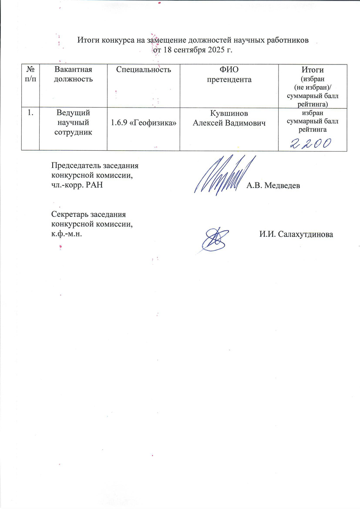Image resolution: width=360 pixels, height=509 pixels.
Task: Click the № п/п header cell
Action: (x=30, y=74)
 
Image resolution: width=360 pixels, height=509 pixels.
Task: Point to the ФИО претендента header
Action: (x=229, y=74)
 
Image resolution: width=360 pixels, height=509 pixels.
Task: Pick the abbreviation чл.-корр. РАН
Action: (x=77, y=185)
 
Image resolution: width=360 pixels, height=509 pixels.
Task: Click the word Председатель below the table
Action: (x=74, y=165)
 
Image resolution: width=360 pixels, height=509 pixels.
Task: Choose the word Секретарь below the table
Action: (x=70, y=215)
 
